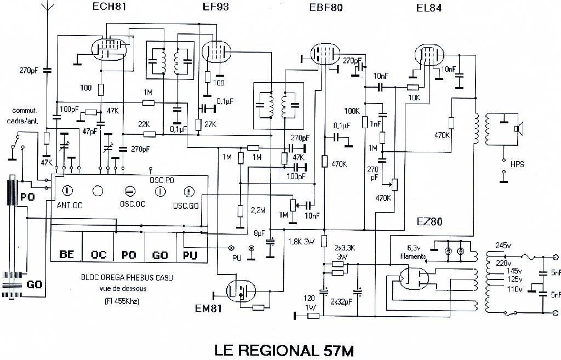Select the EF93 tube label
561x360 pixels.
tap(215, 7)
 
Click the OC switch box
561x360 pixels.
tap(99, 255)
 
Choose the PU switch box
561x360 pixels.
tap(192, 255)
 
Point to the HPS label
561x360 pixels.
tap(517, 164)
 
